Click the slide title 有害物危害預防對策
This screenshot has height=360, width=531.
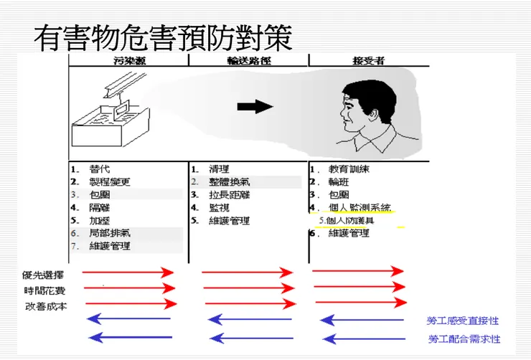coord(164,38)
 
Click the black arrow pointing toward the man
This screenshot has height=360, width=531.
coord(255,107)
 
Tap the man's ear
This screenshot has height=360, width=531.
coord(373,112)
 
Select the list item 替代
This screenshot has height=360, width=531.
coord(100,169)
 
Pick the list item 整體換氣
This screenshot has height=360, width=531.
coord(230,182)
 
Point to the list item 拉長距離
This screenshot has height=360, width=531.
coord(230,195)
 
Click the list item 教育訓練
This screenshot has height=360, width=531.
coord(349,169)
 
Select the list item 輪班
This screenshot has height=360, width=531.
coord(339,182)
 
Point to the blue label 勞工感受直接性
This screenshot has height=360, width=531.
coord(463,321)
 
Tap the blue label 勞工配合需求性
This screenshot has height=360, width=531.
coord(463,338)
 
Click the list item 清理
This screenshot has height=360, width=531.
coord(220,169)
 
